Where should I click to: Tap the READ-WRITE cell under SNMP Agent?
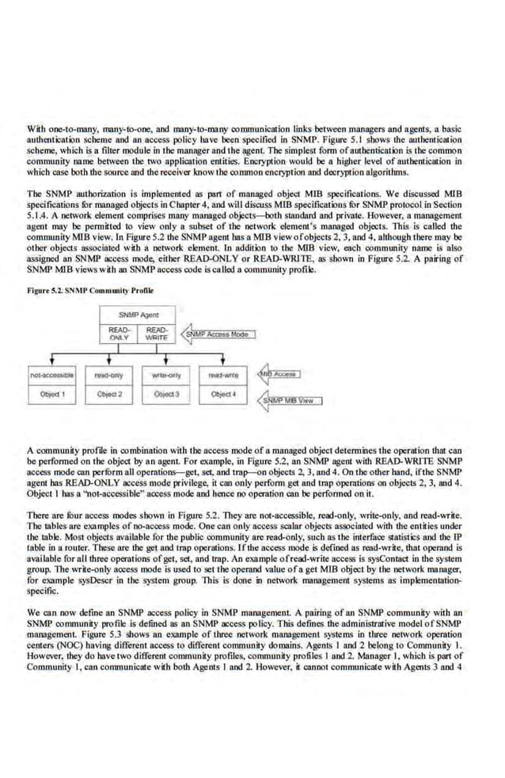coord(157,334)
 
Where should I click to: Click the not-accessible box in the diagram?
coord(52,375)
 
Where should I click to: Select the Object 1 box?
coord(52,393)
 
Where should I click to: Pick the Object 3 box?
coord(166,393)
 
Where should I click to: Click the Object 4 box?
coord(224,393)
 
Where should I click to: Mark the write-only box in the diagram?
coord(166,375)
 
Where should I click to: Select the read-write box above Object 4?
coord(224,375)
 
